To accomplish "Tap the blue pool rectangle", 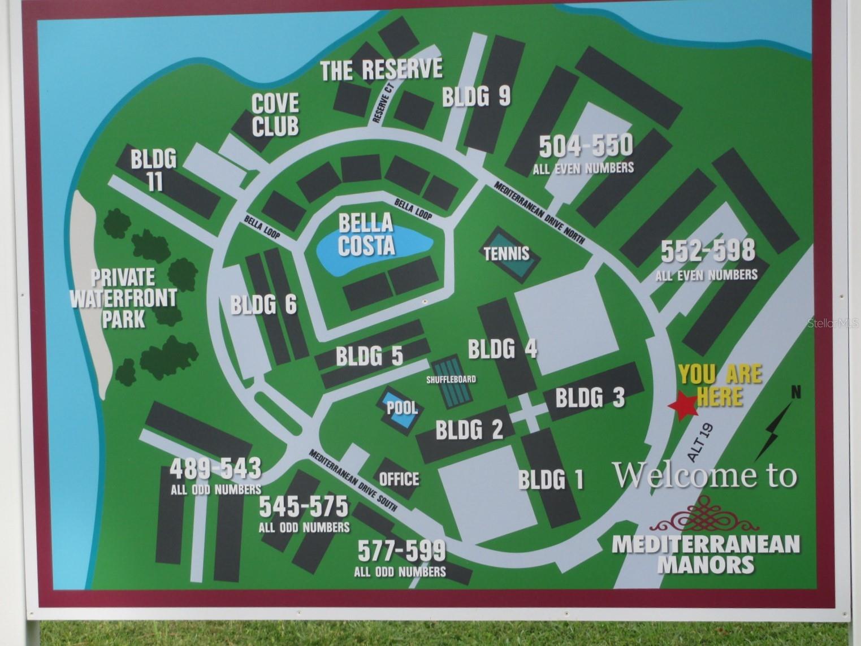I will click(x=401, y=409).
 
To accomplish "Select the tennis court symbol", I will click(x=507, y=254).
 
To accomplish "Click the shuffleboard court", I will click(x=451, y=383).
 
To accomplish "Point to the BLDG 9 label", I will click(x=476, y=97).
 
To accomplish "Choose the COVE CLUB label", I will click(x=275, y=115).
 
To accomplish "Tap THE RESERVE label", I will click(x=381, y=70).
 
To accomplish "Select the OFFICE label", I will click(x=399, y=479).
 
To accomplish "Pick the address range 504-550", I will click(x=585, y=146).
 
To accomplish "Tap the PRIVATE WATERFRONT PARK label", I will click(x=123, y=298).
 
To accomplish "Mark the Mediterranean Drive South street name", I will click(x=353, y=481).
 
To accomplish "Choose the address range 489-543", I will click(x=216, y=469).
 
